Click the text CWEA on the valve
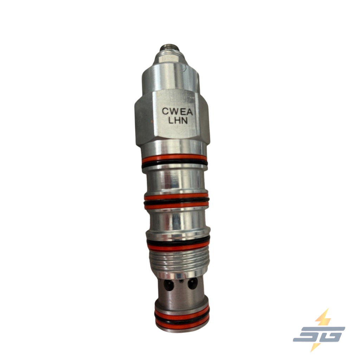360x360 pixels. [x=177, y=111]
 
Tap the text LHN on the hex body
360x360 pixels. [x=178, y=121]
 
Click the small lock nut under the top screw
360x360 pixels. [x=169, y=58]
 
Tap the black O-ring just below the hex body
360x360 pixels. [x=174, y=163]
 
